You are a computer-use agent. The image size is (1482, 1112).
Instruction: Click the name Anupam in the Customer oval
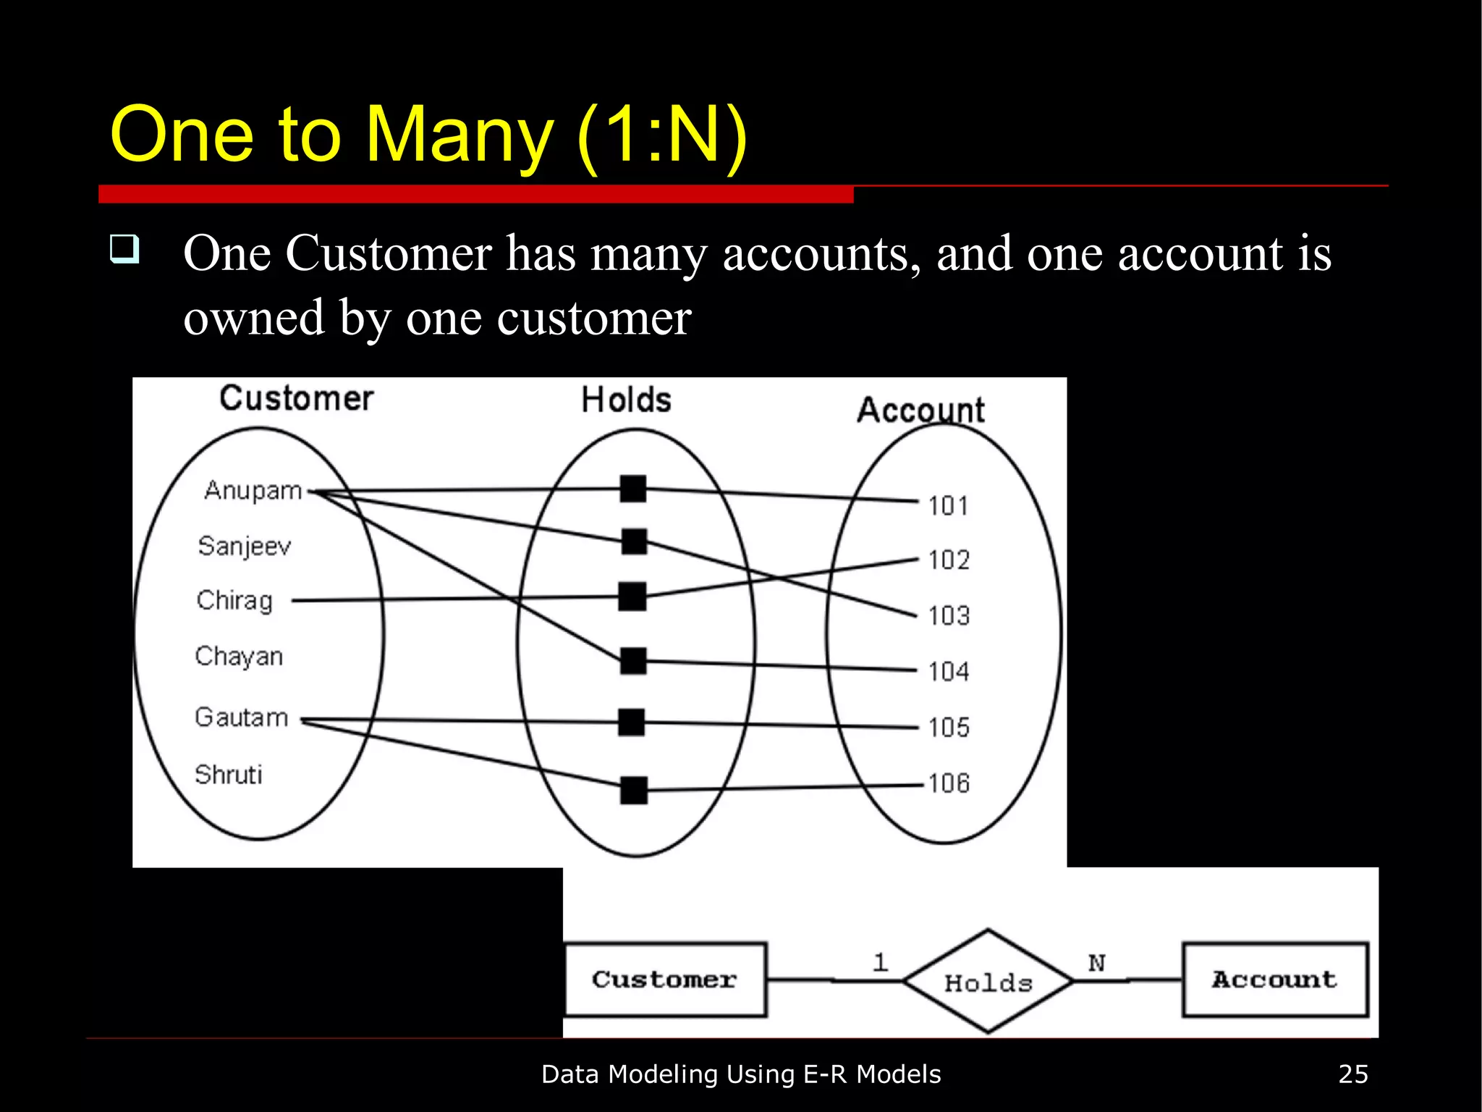[x=253, y=491]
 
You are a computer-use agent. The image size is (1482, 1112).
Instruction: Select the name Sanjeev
[x=245, y=546]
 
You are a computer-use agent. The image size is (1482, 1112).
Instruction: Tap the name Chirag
[x=234, y=601]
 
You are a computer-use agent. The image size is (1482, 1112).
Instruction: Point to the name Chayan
[x=239, y=657]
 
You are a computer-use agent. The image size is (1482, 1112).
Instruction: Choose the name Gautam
[x=242, y=717]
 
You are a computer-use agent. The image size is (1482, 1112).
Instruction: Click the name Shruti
[x=229, y=775]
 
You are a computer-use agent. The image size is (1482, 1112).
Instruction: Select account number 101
[x=948, y=505]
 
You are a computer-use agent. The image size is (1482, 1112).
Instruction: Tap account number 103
[x=948, y=616]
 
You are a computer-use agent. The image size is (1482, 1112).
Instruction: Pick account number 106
[x=948, y=783]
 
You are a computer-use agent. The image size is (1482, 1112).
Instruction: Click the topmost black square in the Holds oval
[x=633, y=489]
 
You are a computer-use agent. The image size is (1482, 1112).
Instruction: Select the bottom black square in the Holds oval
[x=634, y=790]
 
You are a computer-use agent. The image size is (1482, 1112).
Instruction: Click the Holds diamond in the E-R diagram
[x=988, y=981]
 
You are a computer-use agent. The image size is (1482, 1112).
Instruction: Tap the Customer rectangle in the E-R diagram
[x=665, y=980]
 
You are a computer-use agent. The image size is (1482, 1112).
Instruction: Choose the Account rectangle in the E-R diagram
[x=1275, y=980]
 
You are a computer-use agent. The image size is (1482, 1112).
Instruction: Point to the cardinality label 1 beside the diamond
[x=880, y=962]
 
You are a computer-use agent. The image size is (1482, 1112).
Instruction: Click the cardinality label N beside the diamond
[x=1096, y=963]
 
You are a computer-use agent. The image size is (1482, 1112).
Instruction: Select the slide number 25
[x=1353, y=1074]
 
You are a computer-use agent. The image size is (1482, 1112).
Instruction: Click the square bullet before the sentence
[x=124, y=249]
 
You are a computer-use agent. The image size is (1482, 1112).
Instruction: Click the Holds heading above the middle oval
[x=627, y=400]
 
